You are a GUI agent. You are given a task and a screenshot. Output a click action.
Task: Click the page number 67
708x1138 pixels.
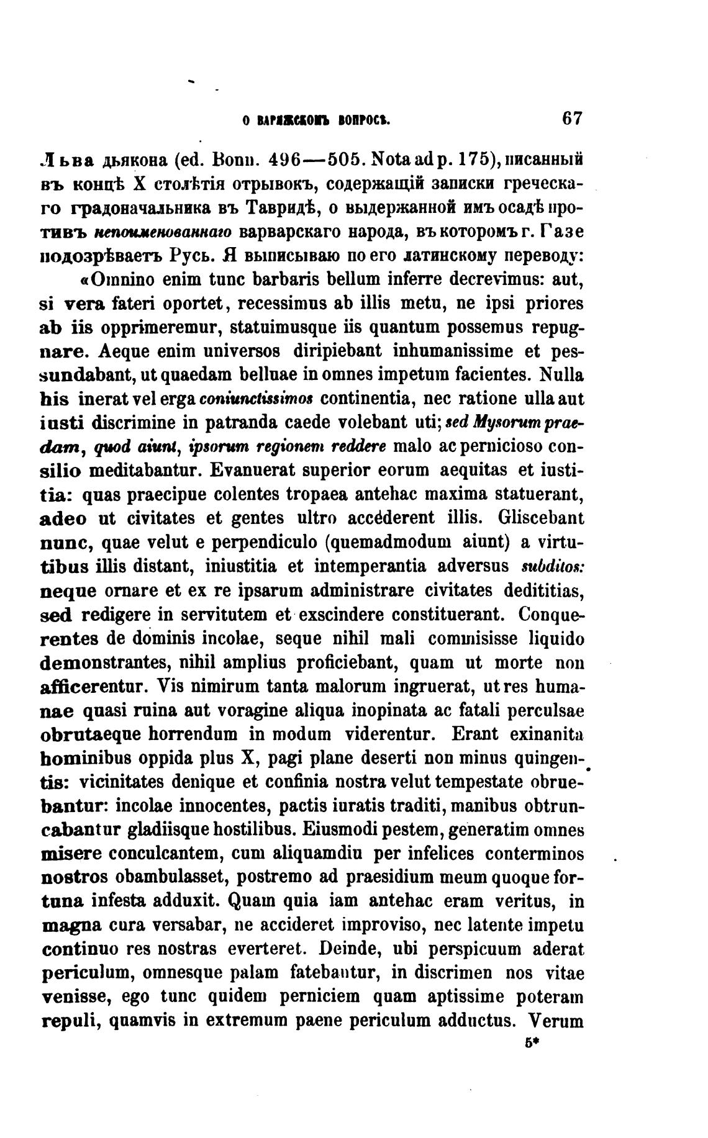570,119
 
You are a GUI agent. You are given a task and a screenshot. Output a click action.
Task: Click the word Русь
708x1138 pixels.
193,255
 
